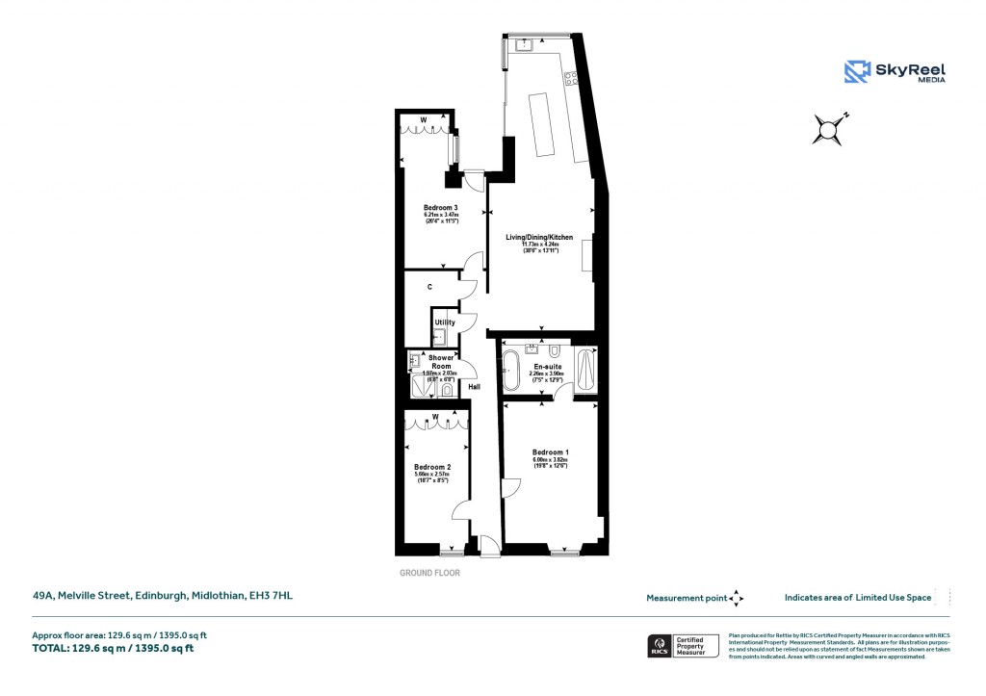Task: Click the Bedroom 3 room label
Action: pos(440,208)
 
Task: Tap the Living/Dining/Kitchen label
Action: pos(539,237)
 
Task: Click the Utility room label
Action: pos(445,322)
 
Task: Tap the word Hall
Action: pos(475,387)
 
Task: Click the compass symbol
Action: pos(830,129)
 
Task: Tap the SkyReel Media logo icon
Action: pos(857,71)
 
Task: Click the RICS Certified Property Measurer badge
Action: pos(683,646)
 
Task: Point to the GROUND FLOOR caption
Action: pos(429,573)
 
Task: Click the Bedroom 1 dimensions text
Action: pos(551,463)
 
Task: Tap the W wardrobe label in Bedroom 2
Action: pos(435,417)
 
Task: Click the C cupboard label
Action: pos(429,287)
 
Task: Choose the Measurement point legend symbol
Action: pos(736,598)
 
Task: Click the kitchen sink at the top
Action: pos(527,44)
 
